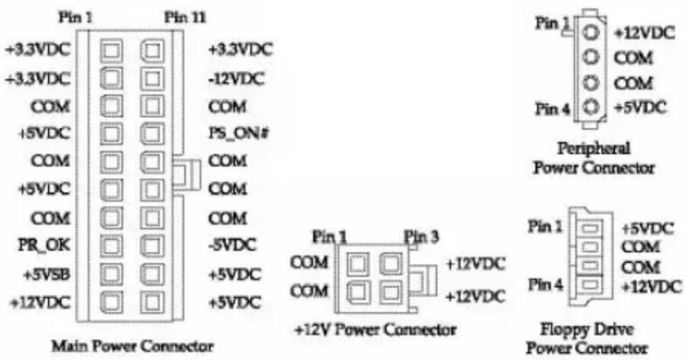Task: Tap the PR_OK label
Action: point(44,245)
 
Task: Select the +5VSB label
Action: point(47,274)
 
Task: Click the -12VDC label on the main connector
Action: point(236,79)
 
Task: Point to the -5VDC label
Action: point(232,245)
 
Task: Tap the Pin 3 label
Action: point(421,237)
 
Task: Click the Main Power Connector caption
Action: point(133,347)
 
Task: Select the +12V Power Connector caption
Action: point(375,329)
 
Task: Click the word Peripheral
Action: point(594,148)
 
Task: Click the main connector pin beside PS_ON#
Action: point(152,133)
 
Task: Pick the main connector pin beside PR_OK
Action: point(111,245)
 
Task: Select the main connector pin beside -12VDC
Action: point(152,80)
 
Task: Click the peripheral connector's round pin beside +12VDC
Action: point(591,32)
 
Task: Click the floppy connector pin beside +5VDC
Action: point(590,228)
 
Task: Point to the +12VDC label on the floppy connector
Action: point(651,286)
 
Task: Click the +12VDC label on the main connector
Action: point(39,303)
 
